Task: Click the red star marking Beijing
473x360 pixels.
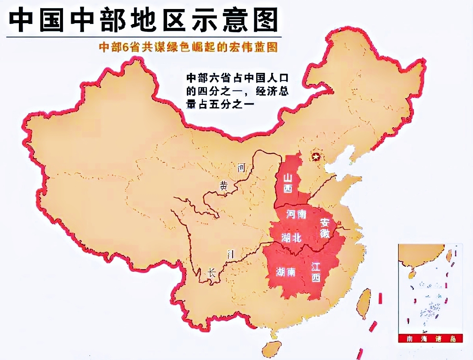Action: (x=316, y=157)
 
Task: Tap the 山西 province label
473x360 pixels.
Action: (x=287, y=182)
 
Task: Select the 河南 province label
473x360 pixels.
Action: (x=296, y=214)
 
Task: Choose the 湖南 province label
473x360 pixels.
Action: (x=285, y=272)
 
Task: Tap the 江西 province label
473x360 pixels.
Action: (x=316, y=272)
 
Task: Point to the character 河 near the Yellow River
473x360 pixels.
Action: (x=241, y=168)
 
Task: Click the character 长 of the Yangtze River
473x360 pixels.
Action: (x=212, y=273)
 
